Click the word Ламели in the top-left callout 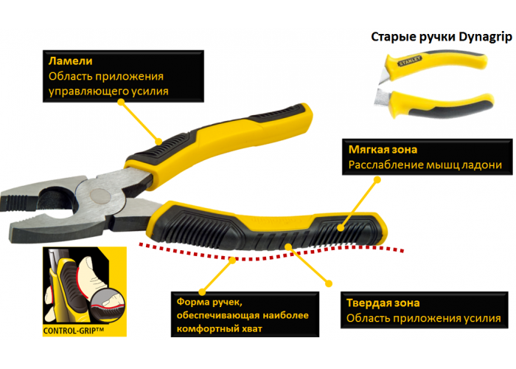click(71, 61)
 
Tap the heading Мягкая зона click(383, 150)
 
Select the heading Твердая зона click(383, 303)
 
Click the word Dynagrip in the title click(486, 37)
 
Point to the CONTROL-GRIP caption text click(74, 331)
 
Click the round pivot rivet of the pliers click(100, 196)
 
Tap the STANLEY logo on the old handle click(410, 61)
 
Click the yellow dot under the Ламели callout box click(121, 102)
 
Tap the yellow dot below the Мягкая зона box click(377, 180)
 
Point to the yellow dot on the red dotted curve click(233, 260)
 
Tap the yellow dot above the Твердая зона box click(329, 283)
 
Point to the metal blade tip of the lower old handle click(381, 98)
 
